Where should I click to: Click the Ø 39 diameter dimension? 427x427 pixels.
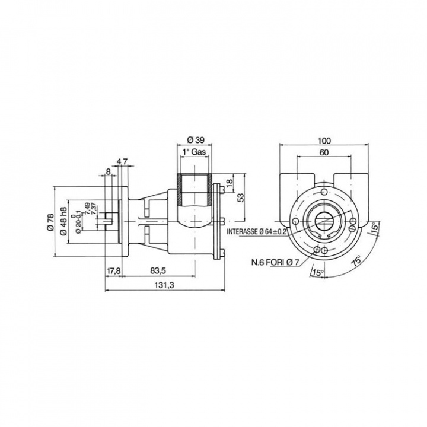pos(195,139)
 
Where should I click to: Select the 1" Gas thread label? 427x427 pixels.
pos(196,152)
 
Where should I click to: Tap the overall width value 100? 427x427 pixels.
pos(324,141)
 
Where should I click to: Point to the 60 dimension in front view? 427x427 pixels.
pos(324,152)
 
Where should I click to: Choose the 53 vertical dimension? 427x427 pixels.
pos(240,197)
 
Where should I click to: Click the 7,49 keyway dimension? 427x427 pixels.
pos(87,209)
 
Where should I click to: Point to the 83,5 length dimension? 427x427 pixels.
pos(157,271)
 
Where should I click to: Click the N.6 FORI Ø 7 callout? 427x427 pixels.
pos(276,261)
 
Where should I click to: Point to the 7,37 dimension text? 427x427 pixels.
pos(94,209)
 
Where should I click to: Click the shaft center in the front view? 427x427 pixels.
pos(324,221)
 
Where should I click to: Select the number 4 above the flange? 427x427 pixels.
pos(119,161)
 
